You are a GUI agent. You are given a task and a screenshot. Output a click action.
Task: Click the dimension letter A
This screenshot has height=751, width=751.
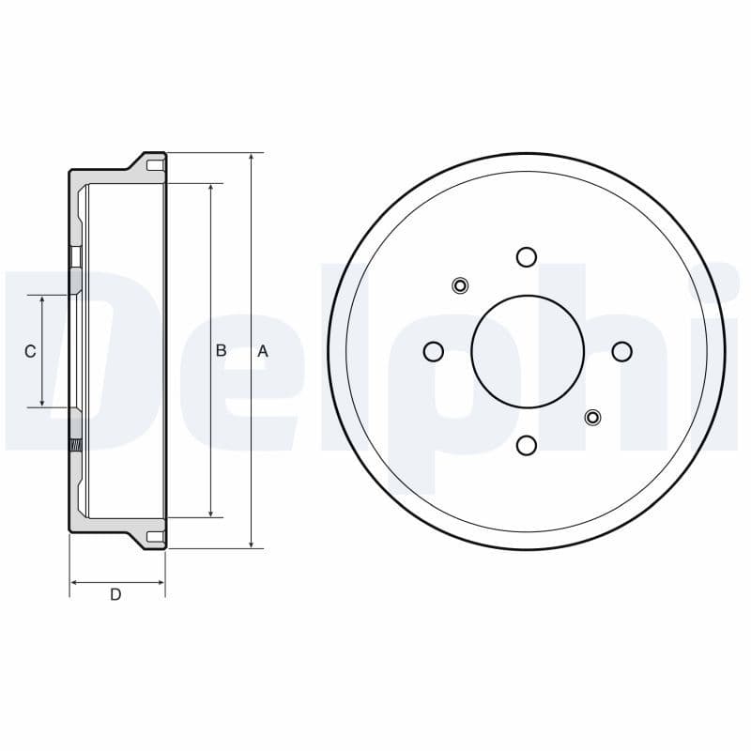263,351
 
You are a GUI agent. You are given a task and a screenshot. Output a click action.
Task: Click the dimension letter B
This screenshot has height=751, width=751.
222,350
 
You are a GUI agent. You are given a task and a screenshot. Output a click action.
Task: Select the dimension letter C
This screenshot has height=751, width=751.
30,351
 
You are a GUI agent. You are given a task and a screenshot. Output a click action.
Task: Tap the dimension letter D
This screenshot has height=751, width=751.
115,594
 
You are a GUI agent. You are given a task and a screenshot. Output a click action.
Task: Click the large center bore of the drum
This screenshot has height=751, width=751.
527,351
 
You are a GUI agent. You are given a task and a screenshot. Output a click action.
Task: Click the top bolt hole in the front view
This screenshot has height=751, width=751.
527,256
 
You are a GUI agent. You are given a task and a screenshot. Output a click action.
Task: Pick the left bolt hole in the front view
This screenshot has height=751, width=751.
433,351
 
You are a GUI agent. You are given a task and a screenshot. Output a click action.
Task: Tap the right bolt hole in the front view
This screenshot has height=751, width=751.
621,351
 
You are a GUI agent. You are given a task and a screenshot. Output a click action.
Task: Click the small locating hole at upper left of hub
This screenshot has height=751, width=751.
460,285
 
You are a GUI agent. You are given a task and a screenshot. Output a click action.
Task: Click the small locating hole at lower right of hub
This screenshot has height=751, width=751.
592,417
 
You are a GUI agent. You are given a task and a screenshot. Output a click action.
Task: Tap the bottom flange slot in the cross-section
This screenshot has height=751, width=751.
155,537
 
